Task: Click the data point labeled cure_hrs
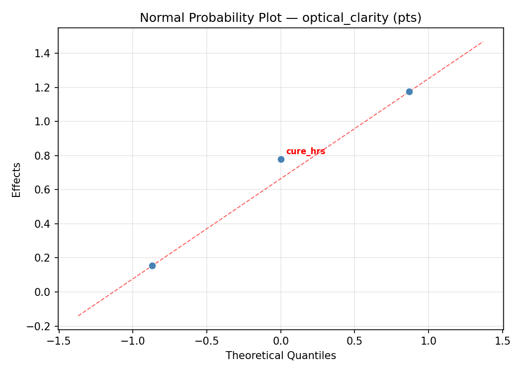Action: (281, 159)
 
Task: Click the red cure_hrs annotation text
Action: (305, 151)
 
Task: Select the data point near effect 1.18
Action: (409, 92)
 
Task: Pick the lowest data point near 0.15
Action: (152, 266)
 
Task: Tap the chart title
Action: (280, 18)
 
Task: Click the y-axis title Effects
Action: (17, 180)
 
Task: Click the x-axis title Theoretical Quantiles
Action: (280, 356)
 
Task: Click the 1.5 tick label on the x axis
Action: (503, 341)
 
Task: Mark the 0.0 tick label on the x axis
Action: (281, 341)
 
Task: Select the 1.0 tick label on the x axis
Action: (429, 341)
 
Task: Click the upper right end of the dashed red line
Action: (483, 41)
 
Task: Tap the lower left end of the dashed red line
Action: (79, 315)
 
